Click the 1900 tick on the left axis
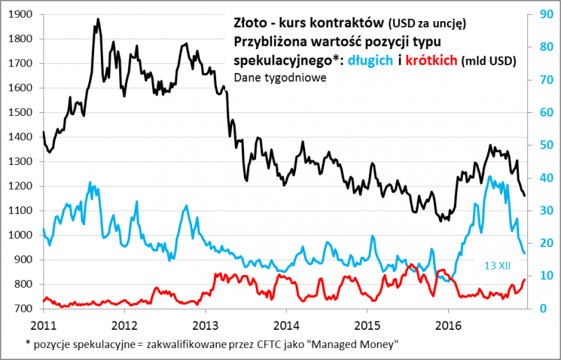pyautogui.click(x=25, y=14)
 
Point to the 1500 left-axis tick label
pyautogui.click(x=25, y=112)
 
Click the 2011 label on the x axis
pyautogui.click(x=44, y=325)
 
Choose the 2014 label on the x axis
pyautogui.click(x=285, y=325)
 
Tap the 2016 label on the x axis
pyautogui.click(x=447, y=325)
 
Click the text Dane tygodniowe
pyautogui.click(x=279, y=77)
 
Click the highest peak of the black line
pyautogui.click(x=97, y=20)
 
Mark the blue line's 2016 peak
pyautogui.click(x=489, y=177)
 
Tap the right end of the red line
pyautogui.click(x=524, y=280)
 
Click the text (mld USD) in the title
pyautogui.click(x=489, y=62)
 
